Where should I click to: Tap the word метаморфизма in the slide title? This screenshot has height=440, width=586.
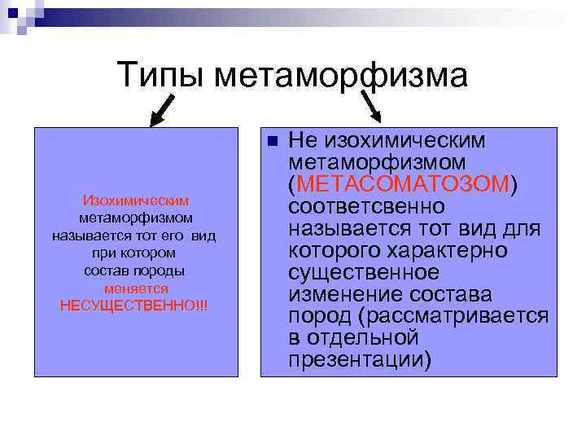(342, 76)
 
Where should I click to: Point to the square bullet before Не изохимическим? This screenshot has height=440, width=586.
(273, 141)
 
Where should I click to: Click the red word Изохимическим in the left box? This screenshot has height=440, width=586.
(136, 200)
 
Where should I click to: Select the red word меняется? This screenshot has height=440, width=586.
(136, 288)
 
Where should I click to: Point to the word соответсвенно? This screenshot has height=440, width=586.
(366, 206)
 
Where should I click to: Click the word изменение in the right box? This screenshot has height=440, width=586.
(341, 293)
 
